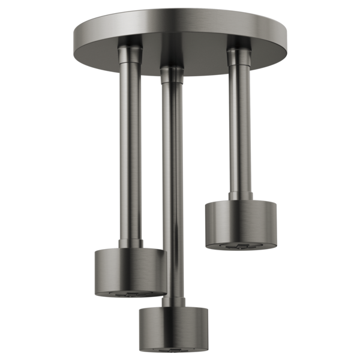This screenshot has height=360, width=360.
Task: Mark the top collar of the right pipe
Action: click(x=238, y=54)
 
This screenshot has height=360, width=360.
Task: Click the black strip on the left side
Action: click(x=36, y=180)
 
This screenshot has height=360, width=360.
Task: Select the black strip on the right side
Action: click(x=324, y=180)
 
